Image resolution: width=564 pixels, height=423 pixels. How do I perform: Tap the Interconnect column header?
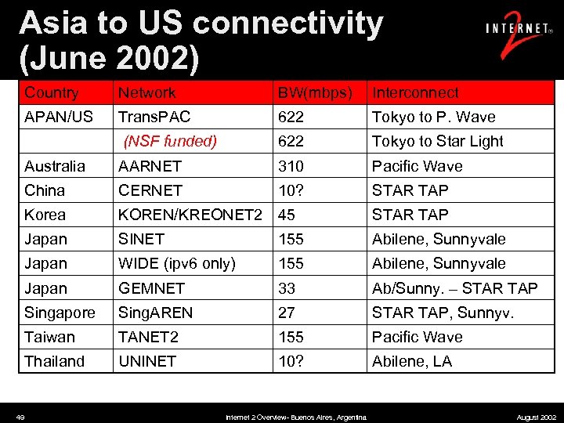point(415,92)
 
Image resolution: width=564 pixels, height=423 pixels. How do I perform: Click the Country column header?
point(52,92)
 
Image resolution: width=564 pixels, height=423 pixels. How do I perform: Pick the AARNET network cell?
point(150,166)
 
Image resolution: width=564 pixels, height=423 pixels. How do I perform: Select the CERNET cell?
point(150,190)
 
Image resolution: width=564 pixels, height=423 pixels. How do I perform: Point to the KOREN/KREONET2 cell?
point(190,215)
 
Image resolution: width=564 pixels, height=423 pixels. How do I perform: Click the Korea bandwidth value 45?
point(287,215)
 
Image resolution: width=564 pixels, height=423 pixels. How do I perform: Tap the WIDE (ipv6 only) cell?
point(176,263)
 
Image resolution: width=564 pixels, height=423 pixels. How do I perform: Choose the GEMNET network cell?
point(152,288)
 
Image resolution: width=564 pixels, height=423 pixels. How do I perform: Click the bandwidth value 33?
point(287,288)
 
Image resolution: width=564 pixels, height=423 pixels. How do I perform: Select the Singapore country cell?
point(60,313)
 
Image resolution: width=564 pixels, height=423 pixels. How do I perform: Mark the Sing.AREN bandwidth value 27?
point(287,313)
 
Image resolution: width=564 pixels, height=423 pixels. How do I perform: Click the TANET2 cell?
point(147,337)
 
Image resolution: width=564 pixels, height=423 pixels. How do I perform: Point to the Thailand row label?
point(54,361)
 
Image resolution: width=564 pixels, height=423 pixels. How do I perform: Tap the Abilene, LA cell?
point(411,361)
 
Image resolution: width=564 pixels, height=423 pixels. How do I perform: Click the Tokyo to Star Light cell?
point(437,141)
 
